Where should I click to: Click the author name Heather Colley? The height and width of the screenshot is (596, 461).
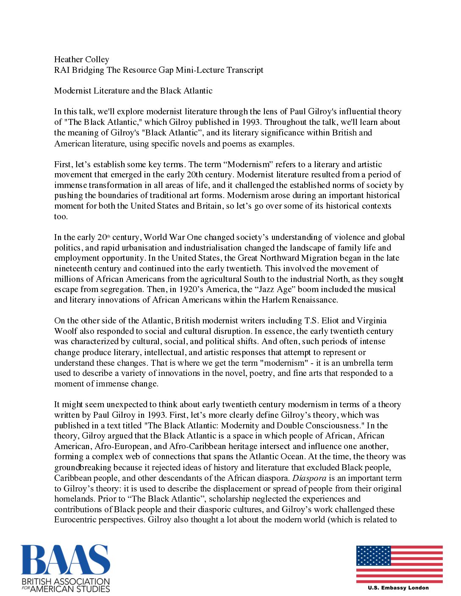81,59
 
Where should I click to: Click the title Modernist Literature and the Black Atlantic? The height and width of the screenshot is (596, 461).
133,91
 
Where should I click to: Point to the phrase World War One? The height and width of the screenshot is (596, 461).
175,237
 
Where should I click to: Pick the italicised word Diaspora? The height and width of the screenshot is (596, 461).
309,478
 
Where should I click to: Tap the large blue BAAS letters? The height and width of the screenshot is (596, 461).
66,560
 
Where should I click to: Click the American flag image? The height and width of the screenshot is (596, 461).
399,564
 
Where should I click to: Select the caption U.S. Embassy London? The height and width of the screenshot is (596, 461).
398,588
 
